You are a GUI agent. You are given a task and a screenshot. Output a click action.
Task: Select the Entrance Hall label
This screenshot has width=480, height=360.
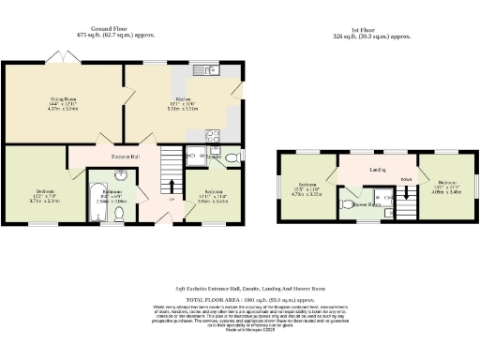tap(127, 156)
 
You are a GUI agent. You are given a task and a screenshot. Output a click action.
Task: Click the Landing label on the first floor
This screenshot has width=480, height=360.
tap(379, 170)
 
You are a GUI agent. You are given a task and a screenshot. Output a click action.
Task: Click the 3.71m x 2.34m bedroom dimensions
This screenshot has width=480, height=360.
tap(38, 201)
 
